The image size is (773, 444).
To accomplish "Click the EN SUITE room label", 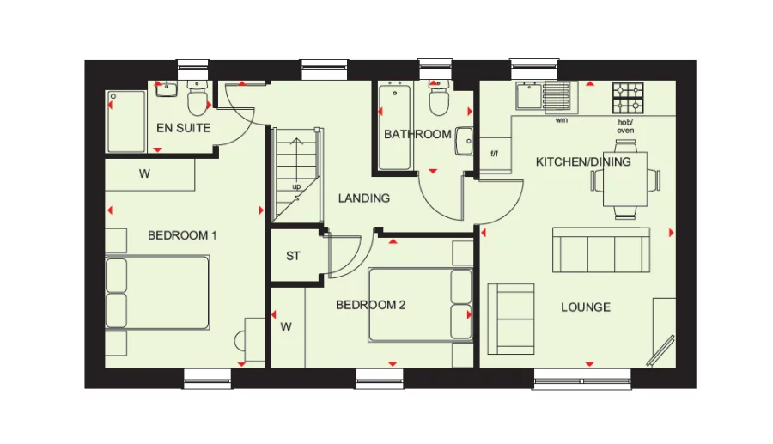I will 183,128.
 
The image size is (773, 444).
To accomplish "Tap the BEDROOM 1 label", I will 182,235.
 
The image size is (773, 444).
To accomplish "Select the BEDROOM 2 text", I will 370,305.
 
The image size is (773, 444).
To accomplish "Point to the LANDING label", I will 363,198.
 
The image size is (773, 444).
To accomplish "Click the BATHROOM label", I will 417,134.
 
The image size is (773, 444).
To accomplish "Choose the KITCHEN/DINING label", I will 583,161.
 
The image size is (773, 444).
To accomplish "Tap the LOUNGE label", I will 586,307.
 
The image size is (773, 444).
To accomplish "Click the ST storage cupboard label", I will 293,256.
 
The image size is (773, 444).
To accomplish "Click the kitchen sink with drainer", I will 544,96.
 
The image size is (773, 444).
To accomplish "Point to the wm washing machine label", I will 562,121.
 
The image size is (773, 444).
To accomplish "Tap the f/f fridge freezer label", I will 495,155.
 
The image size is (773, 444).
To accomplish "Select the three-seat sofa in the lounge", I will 600,250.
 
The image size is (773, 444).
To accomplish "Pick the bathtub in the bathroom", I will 395,125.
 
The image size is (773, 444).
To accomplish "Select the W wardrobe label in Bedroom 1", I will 145,173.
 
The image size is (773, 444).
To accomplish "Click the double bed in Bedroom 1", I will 157,293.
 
